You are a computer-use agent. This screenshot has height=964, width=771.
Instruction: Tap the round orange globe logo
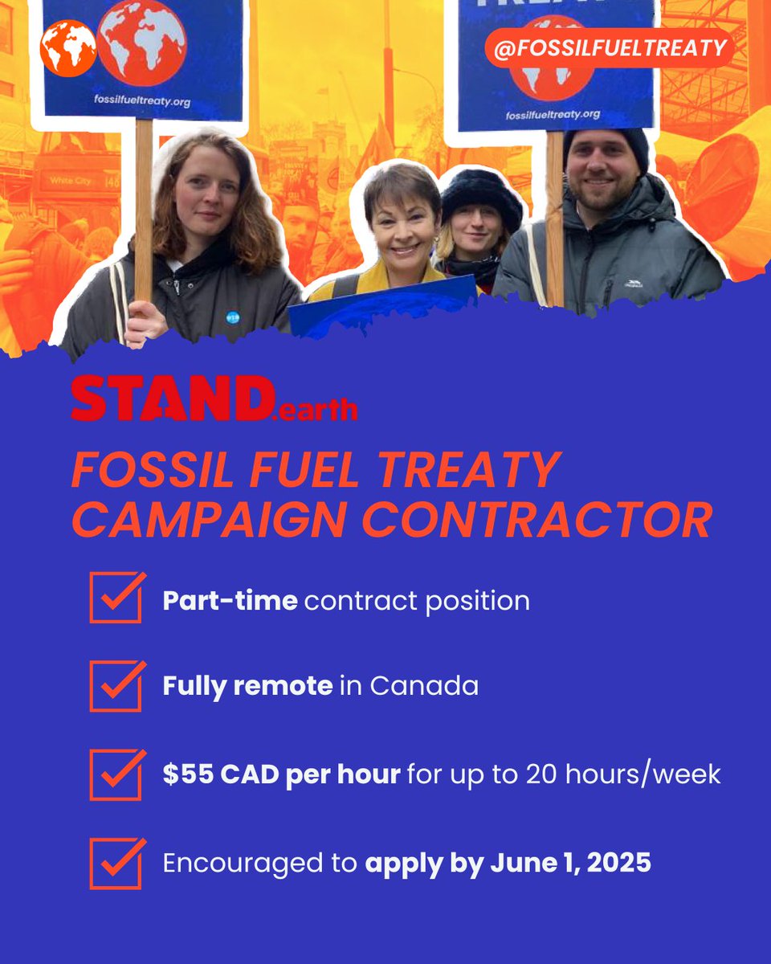(68, 48)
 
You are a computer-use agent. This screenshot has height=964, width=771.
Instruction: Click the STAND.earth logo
(214, 399)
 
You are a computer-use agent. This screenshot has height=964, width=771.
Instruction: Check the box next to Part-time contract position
(116, 598)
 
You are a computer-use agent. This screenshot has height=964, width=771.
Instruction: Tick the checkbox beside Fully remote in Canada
(116, 686)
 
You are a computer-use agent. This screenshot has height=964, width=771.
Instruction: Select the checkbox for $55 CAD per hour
(116, 774)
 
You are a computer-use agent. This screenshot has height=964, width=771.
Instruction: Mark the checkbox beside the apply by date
(116, 863)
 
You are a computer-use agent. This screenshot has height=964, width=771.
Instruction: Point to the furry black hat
(479, 194)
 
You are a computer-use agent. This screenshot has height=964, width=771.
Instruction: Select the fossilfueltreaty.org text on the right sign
(553, 115)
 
